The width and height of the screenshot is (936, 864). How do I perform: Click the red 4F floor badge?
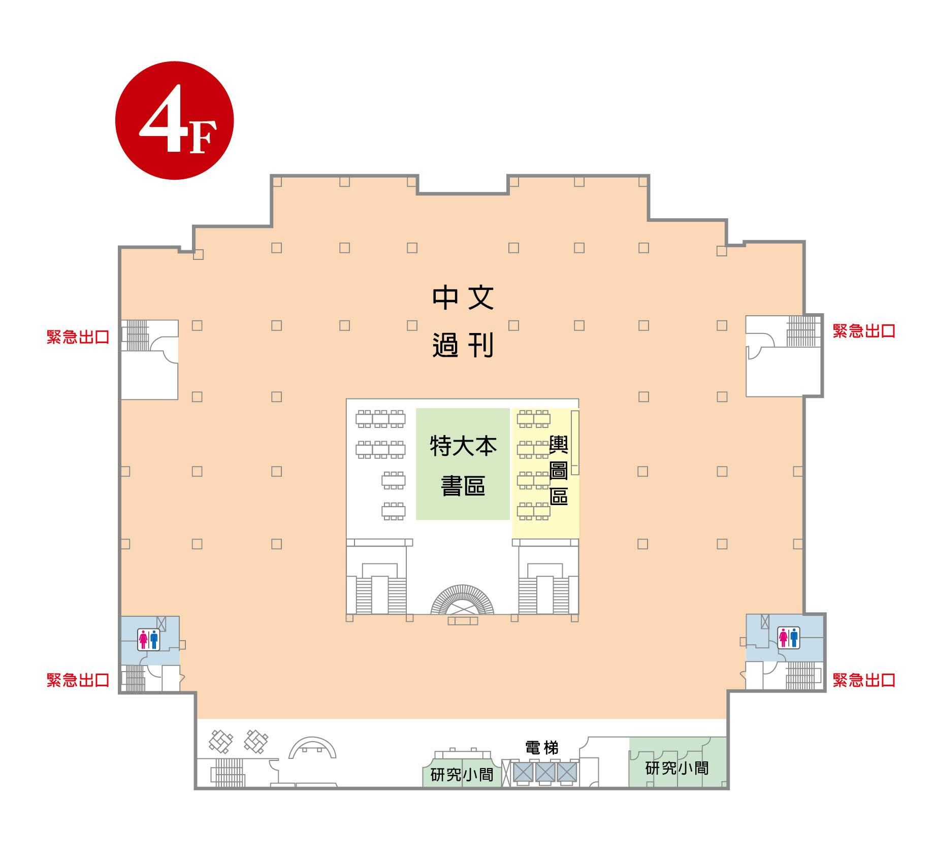(174, 120)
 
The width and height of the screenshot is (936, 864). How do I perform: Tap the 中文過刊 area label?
(463, 322)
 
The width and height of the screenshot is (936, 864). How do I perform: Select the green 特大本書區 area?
(463, 464)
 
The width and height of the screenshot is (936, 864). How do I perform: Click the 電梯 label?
(541, 748)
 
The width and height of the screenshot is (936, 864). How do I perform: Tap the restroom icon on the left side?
(149, 639)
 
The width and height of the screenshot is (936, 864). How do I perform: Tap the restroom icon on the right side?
(788, 638)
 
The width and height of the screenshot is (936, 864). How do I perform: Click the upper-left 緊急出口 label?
(78, 337)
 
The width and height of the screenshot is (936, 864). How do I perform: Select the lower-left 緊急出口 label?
(78, 680)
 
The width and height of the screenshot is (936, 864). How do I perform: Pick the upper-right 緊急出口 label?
(864, 331)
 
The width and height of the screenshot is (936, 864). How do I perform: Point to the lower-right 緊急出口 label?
(864, 680)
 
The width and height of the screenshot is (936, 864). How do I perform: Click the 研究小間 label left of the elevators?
(462, 775)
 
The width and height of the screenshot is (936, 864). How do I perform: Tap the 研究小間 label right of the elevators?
(677, 768)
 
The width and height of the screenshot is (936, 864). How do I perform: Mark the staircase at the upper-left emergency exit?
(137, 333)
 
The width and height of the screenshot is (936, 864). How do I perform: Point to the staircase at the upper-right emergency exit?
(803, 330)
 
